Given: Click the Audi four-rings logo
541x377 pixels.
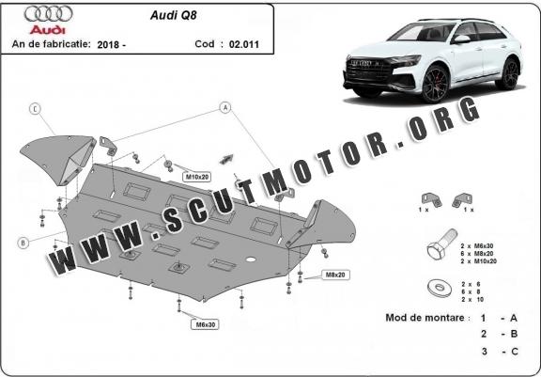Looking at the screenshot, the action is point(48,14).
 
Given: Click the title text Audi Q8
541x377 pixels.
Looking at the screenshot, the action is point(173,16).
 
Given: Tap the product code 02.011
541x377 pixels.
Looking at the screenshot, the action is point(244,44).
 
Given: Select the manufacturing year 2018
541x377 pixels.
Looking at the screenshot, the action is point(108,44).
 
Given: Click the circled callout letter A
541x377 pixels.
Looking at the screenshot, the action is point(225,108).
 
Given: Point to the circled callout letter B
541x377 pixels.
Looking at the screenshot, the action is point(23,243).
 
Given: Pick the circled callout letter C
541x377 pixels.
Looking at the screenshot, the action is point(35,109).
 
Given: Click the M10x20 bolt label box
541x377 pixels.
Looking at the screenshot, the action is point(197,177).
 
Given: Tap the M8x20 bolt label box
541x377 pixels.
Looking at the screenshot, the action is point(335,275).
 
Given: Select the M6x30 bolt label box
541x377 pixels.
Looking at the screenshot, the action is point(205,324).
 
